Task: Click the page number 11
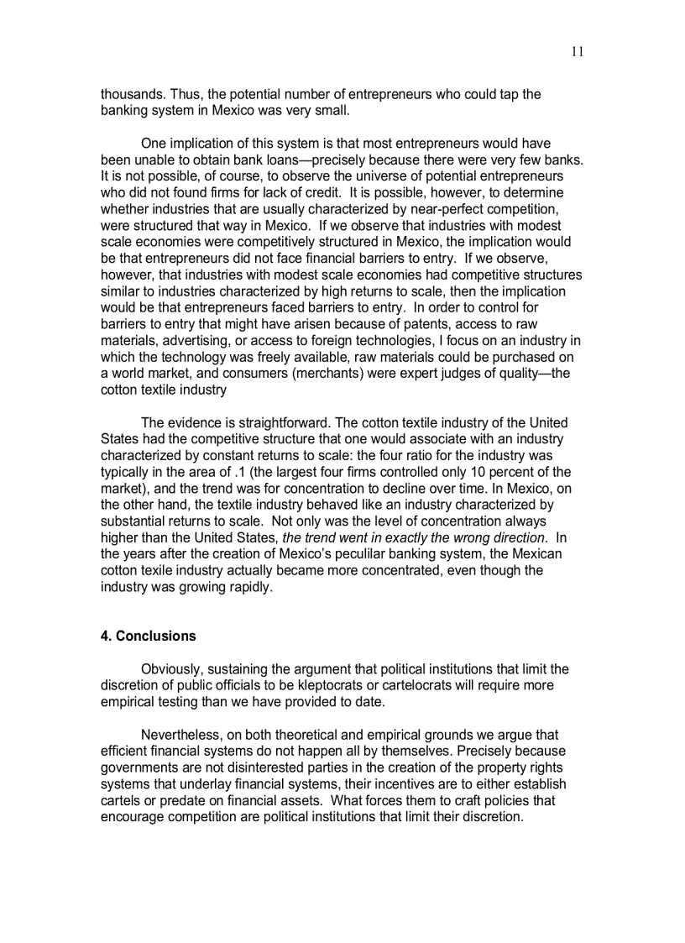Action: (x=577, y=52)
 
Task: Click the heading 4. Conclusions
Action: (x=149, y=636)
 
